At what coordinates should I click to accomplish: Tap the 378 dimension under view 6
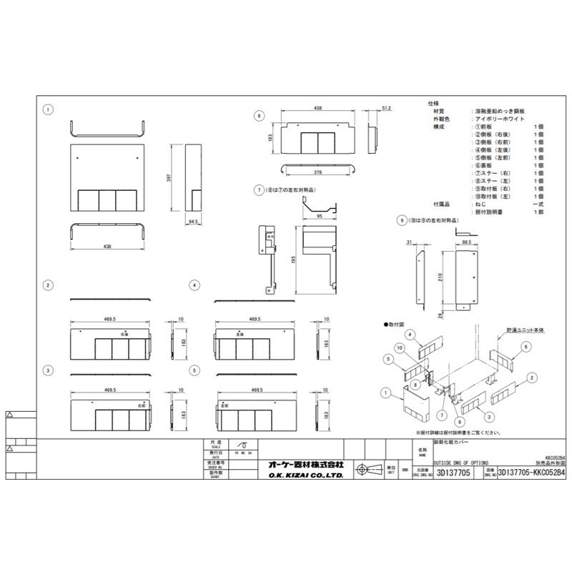pos(317,173)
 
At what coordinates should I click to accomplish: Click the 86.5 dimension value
pos(465,243)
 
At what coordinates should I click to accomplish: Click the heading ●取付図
pos(395,324)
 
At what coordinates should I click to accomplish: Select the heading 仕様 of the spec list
pos(433,104)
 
